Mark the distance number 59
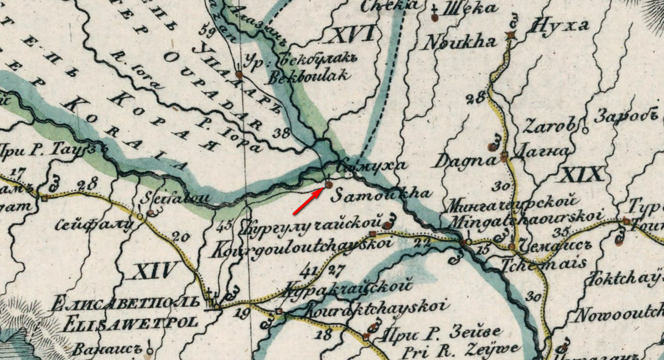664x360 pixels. (209, 28)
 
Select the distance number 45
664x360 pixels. (224, 226)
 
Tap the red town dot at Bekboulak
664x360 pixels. (238, 74)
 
